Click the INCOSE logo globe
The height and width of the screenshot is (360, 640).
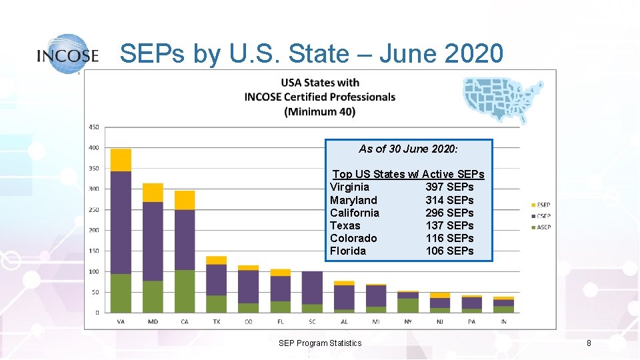67,53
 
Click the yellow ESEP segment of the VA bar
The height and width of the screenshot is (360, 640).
121,160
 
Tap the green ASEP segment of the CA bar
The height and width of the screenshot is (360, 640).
185,291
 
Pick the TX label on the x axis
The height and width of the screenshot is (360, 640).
217,321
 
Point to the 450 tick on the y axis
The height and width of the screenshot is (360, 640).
93,127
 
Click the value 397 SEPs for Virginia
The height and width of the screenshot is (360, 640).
449,187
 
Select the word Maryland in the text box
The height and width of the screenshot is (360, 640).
353,200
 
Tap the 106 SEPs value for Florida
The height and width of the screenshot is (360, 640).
449,251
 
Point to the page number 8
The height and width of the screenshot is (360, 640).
589,343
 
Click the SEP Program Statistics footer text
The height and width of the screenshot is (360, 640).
320,343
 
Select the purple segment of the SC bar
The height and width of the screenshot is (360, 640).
312,287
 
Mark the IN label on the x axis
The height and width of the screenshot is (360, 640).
503,321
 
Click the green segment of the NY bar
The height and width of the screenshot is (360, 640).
408,305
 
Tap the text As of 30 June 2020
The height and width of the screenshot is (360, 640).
408,149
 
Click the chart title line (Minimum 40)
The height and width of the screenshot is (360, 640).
319,111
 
